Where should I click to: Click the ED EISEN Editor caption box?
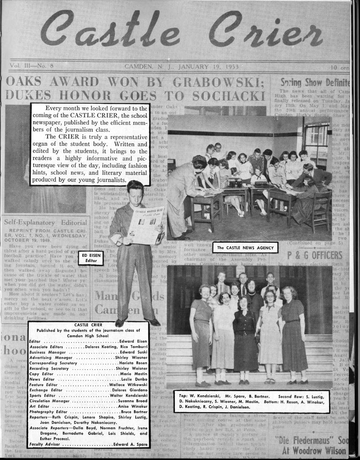[x=91, y=258]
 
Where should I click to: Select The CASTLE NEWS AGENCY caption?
[x=245, y=247]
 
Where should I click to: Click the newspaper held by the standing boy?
[x=145, y=224]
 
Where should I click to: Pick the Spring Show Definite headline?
[x=315, y=82]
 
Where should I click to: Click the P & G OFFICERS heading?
[x=314, y=255]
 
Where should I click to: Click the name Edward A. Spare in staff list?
[x=130, y=444]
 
